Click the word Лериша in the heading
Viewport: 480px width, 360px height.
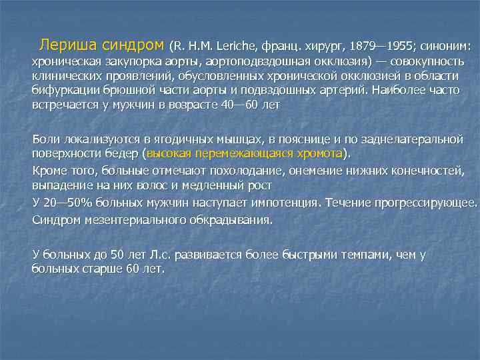[65, 46]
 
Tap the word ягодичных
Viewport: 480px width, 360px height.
[179, 140]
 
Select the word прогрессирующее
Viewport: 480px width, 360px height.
[433, 203]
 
